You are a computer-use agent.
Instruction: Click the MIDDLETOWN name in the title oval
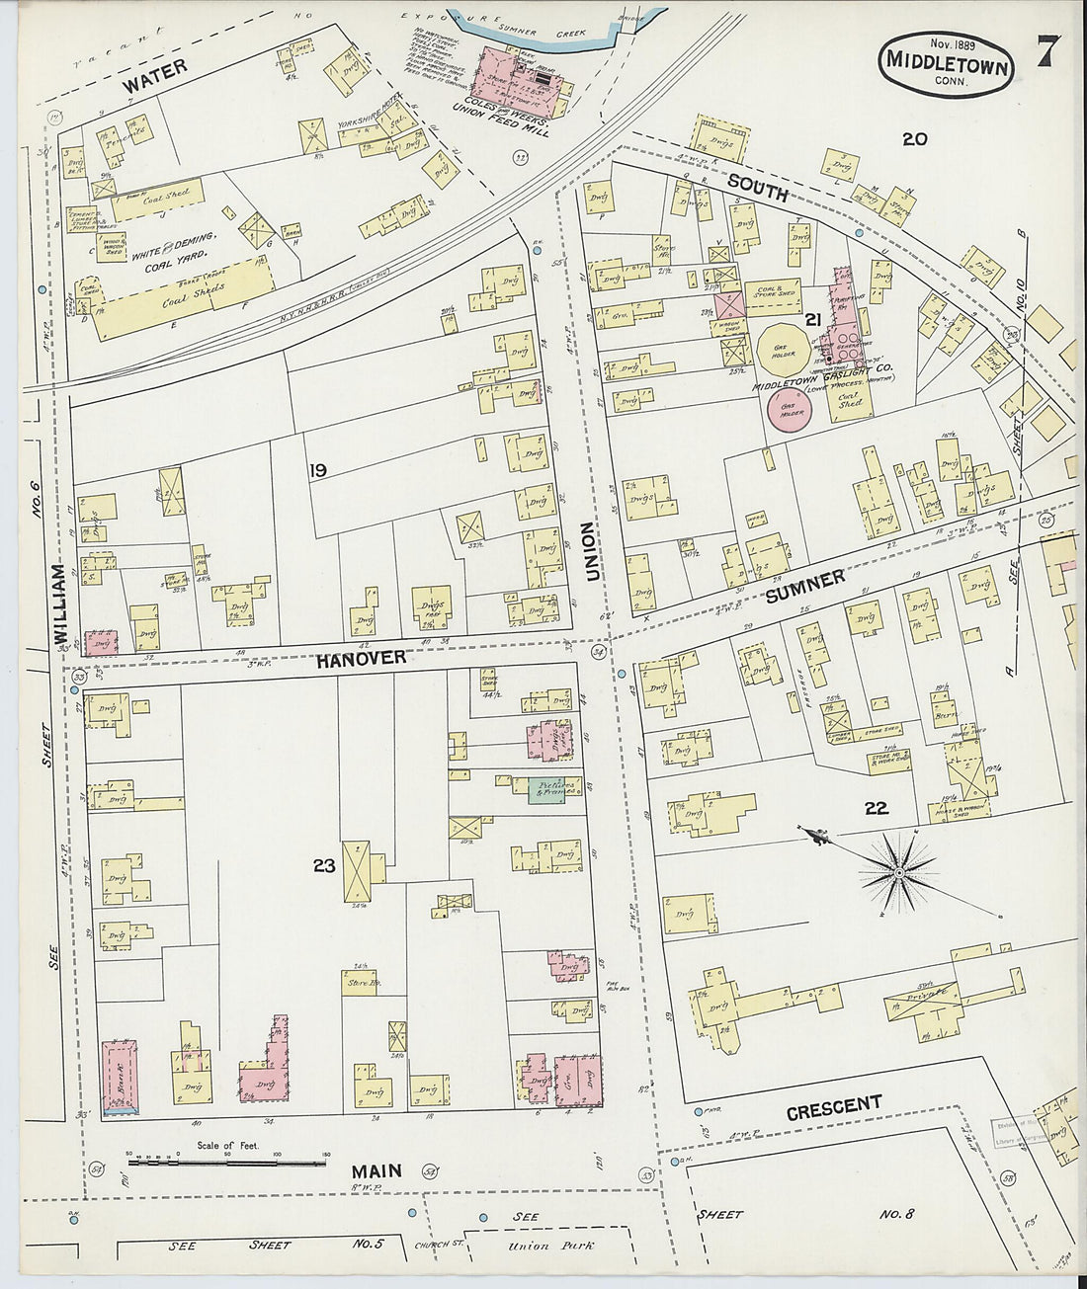point(946,64)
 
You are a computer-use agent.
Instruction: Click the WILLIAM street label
point(60,604)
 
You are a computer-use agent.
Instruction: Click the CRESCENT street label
point(833,1107)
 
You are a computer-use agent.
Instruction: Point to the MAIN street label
point(376,1171)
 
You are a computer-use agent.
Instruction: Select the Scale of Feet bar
point(228,1162)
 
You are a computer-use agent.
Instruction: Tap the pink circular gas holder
point(789,410)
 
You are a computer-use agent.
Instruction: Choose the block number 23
point(324,865)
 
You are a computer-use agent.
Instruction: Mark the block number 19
point(316,471)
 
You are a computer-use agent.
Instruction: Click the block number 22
point(876,808)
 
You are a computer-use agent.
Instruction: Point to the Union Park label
point(529,1246)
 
